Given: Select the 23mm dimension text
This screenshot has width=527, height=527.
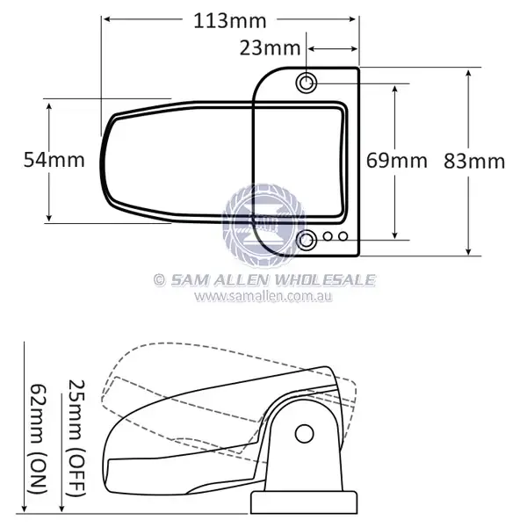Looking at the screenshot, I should pos(269,49).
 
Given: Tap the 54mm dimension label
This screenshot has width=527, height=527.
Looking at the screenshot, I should pos(53,160).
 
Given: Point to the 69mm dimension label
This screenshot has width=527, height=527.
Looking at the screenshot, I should pos(396,160).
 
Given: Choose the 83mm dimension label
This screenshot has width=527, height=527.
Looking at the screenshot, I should pos(474,161).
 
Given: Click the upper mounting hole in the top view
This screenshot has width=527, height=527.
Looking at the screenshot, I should pos(307,83).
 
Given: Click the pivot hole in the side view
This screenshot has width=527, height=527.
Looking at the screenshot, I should pos(304,433).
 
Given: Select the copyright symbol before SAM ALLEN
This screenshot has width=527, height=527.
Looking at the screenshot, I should pos(159,280).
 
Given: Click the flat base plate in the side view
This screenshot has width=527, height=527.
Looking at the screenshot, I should pos(304,502).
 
